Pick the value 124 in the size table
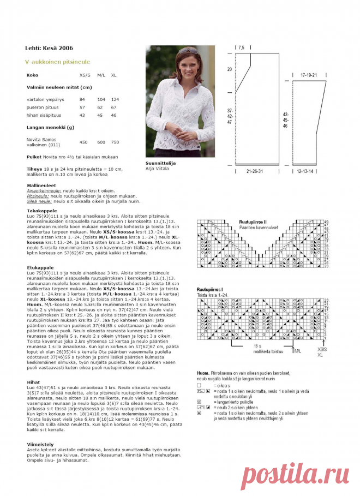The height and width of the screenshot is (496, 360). click(x=115, y=99)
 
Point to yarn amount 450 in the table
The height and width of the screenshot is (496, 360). click(x=83, y=142)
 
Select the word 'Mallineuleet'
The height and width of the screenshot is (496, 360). click(x=41, y=185)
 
